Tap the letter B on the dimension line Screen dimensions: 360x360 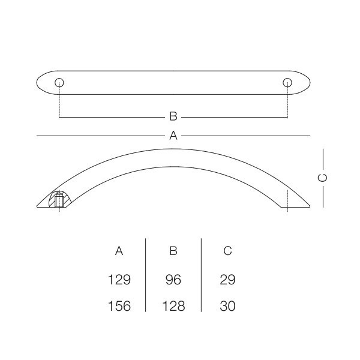pos(173,116)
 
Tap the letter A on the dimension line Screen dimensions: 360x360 pos(173,136)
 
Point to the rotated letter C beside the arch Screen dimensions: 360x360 pos(323,178)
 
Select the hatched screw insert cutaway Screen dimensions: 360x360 pos(59,199)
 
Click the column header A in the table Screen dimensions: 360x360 pos(119,251)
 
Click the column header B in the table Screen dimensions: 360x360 pos(173,251)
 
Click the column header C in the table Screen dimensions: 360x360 pos(227,251)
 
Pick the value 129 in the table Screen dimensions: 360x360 pos(119,280)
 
